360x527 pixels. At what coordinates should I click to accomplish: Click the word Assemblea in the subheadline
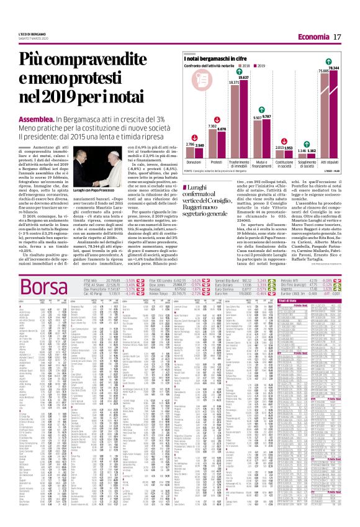click(x=35, y=118)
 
